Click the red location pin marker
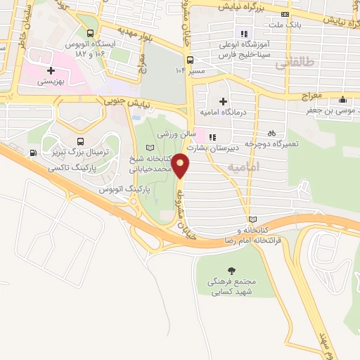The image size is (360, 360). (181, 166)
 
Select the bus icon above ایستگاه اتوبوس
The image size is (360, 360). (90, 33)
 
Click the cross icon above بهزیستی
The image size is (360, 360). (51, 71)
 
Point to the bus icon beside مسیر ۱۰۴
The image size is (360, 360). (190, 60)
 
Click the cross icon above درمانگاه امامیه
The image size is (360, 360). (224, 103)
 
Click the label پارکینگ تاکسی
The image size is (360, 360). (72, 169)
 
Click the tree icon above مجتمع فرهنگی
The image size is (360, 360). (231, 271)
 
